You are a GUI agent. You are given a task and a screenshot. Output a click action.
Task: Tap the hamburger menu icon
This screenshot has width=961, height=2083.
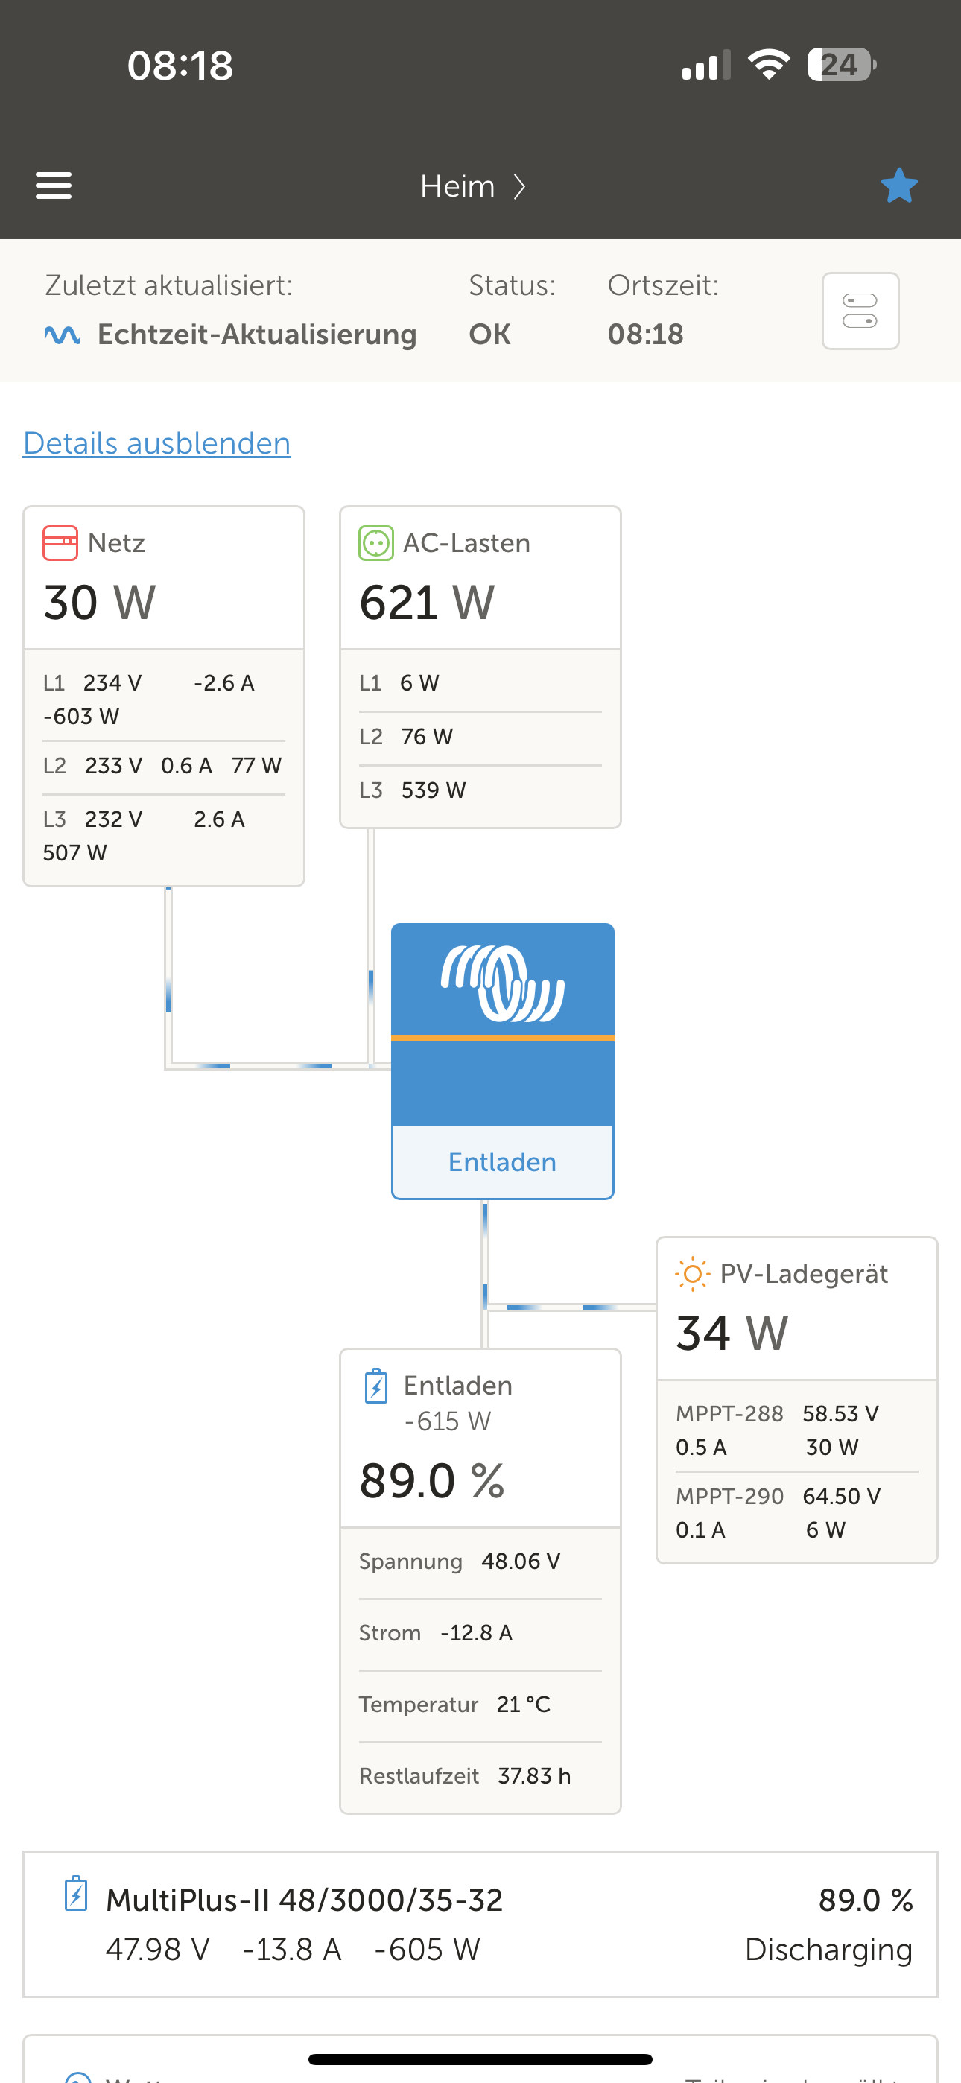pyautogui.click(x=54, y=186)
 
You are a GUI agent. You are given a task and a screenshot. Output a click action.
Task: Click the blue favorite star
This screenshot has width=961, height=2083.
pyautogui.click(x=898, y=186)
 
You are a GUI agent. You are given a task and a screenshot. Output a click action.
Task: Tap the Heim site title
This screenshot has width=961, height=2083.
pyautogui.click(x=457, y=186)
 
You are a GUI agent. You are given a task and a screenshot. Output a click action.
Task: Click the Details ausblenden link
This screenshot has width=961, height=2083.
pyautogui.click(x=157, y=443)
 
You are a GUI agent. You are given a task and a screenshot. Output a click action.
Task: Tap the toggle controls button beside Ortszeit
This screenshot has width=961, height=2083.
pyautogui.click(x=860, y=311)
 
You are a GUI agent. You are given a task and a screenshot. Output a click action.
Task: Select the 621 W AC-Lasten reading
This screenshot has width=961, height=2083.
pyautogui.click(x=426, y=602)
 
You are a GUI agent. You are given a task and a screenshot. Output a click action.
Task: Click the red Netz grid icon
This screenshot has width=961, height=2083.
pyautogui.click(x=60, y=542)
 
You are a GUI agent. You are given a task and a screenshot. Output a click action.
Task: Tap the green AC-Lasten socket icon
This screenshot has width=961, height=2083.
pyautogui.click(x=376, y=542)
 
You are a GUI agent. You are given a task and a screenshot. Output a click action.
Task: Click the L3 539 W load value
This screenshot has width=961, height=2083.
pyautogui.click(x=434, y=790)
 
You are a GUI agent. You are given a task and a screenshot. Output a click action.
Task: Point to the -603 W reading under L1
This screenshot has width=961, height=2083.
pyautogui.click(x=81, y=717)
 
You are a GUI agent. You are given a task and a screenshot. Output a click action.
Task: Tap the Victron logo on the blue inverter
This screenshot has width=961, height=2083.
pyautogui.click(x=502, y=983)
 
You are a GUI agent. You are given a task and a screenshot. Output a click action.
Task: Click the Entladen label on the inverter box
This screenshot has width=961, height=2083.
pyautogui.click(x=502, y=1162)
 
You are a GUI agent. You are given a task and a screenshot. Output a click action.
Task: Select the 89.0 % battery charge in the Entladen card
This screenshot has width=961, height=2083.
pyautogui.click(x=432, y=1480)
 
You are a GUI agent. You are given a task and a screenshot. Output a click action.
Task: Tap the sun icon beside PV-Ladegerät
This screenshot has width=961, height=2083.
pyautogui.click(x=692, y=1275)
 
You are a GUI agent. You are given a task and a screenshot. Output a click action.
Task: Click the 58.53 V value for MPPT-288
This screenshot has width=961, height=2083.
pyautogui.click(x=840, y=1413)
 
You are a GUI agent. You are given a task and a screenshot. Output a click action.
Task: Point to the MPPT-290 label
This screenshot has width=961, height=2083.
pyautogui.click(x=729, y=1496)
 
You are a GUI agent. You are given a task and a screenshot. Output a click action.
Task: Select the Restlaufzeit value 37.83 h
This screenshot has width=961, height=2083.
pyautogui.click(x=534, y=1776)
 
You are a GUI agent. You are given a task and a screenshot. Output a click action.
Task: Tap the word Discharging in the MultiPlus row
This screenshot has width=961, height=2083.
pyautogui.click(x=828, y=1950)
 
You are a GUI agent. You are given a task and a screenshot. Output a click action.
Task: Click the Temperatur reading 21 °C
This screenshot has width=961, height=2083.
pyautogui.click(x=524, y=1704)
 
